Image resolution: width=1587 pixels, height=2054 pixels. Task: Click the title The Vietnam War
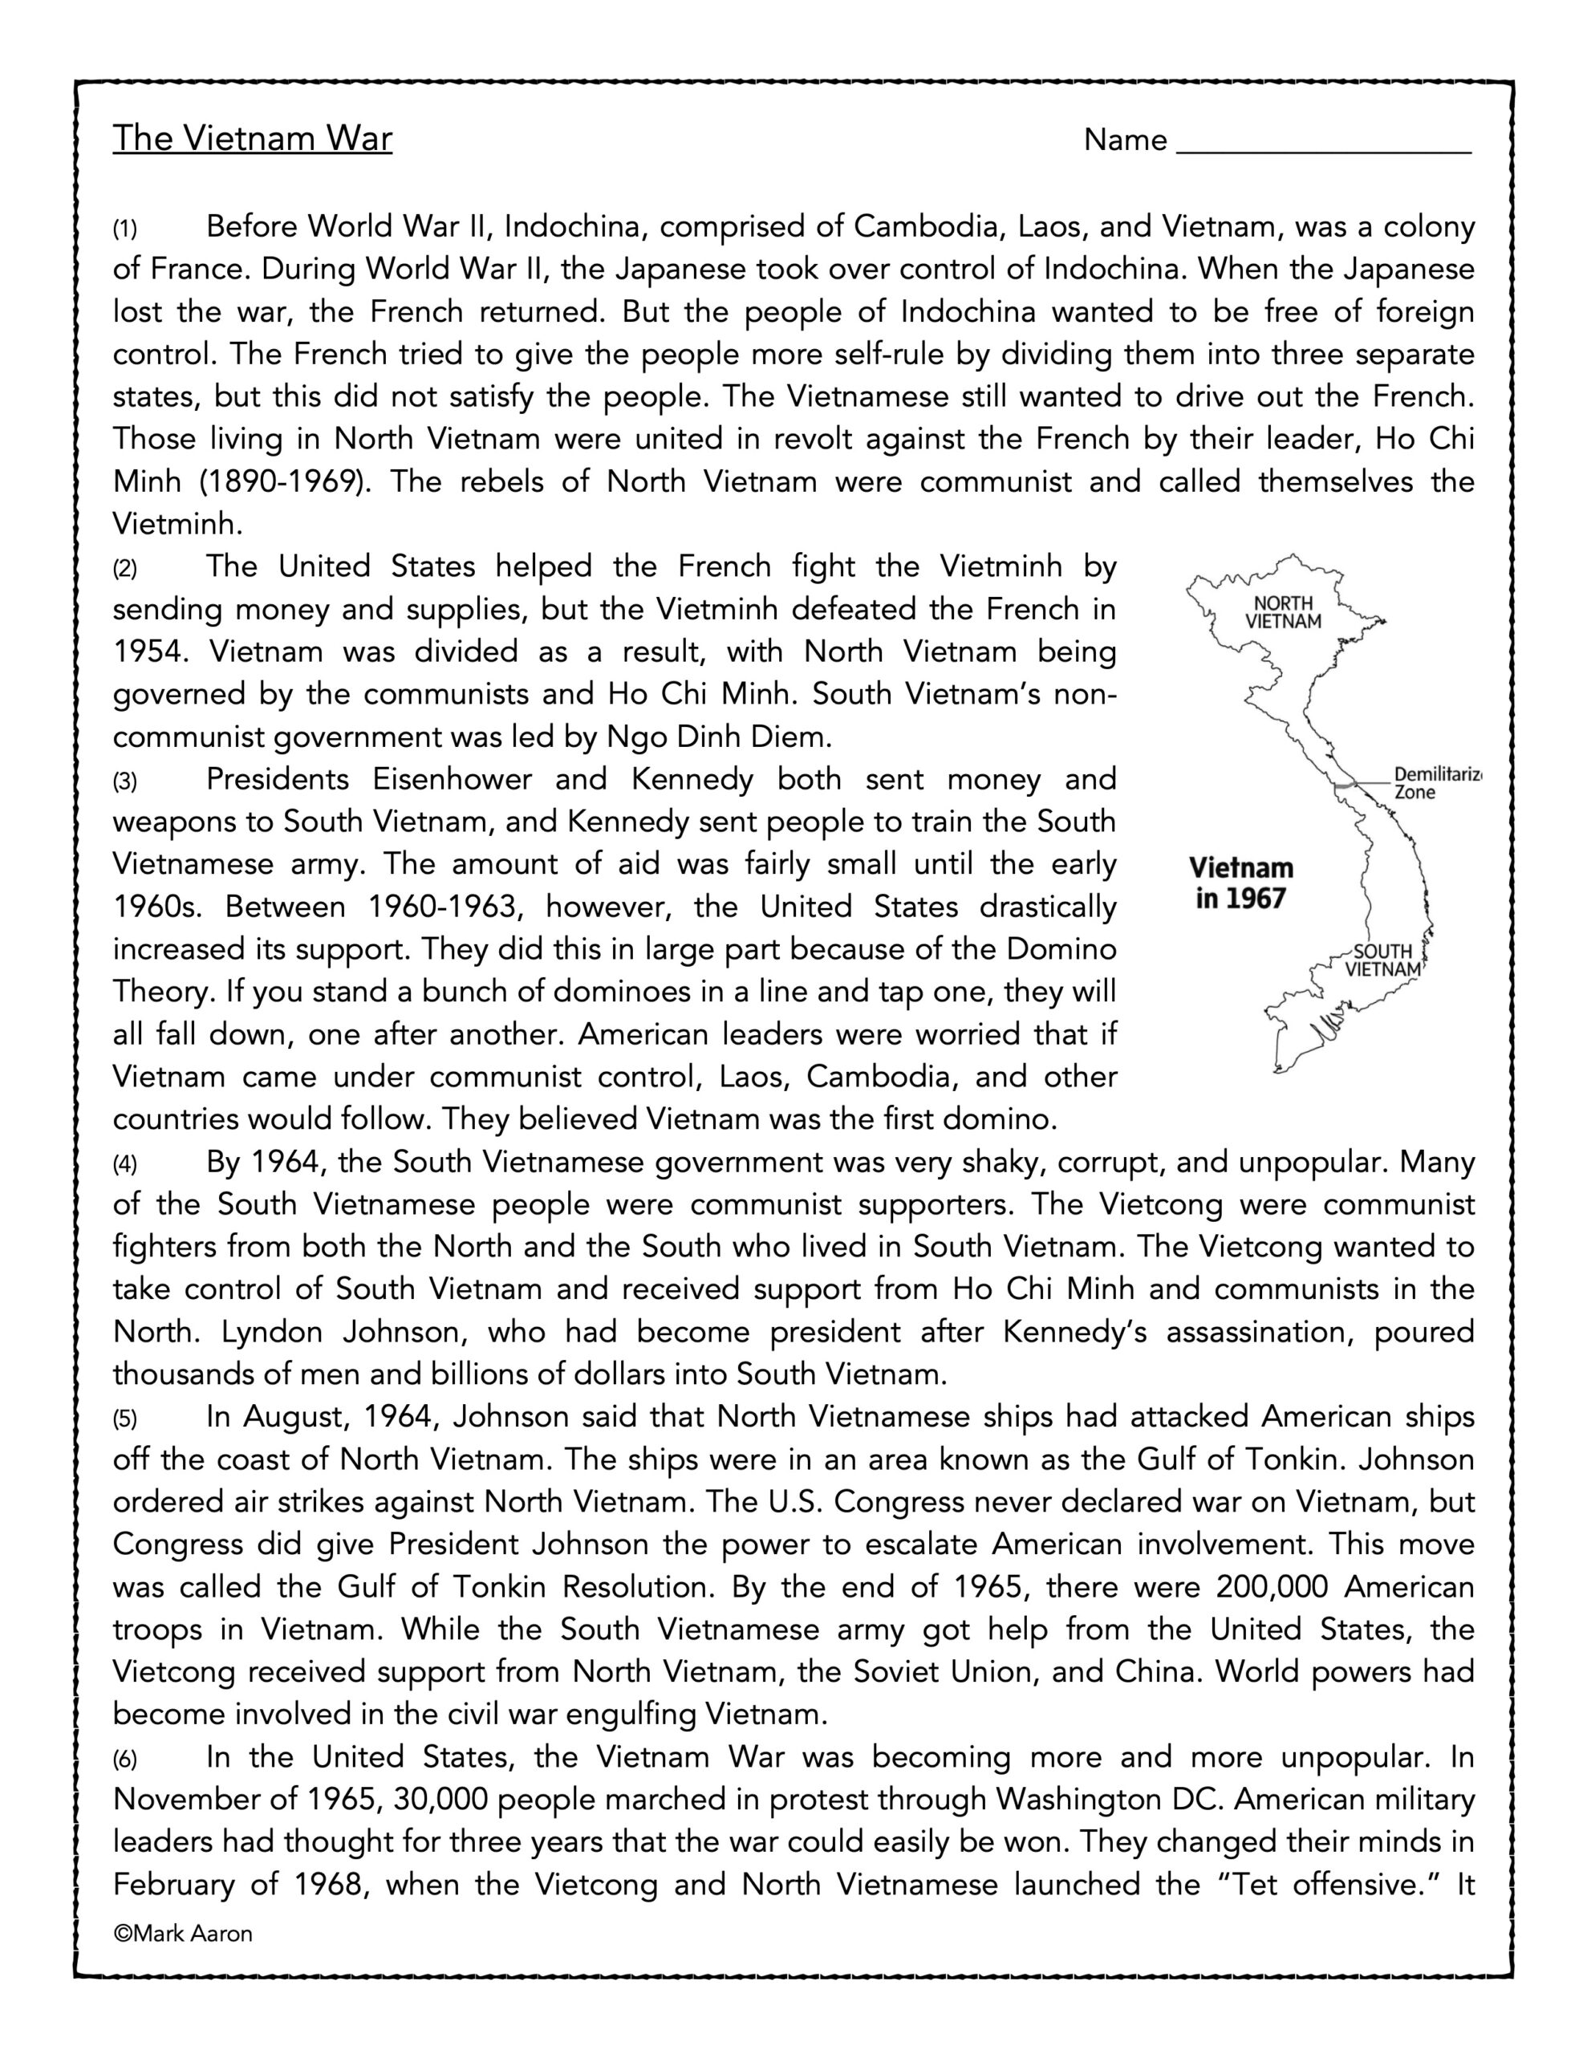tap(252, 138)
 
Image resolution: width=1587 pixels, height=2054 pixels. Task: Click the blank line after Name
tap(1324, 143)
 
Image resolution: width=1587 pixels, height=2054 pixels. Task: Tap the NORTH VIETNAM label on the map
tap(1283, 612)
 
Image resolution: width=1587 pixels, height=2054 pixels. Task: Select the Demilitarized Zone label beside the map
tap(1435, 782)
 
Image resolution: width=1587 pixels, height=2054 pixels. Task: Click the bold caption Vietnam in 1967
tap(1241, 883)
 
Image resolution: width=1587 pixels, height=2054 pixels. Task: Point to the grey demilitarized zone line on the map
tap(1347, 782)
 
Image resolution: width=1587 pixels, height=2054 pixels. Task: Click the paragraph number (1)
tap(125, 229)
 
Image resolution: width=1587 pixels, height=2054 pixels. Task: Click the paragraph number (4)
tap(125, 1164)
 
